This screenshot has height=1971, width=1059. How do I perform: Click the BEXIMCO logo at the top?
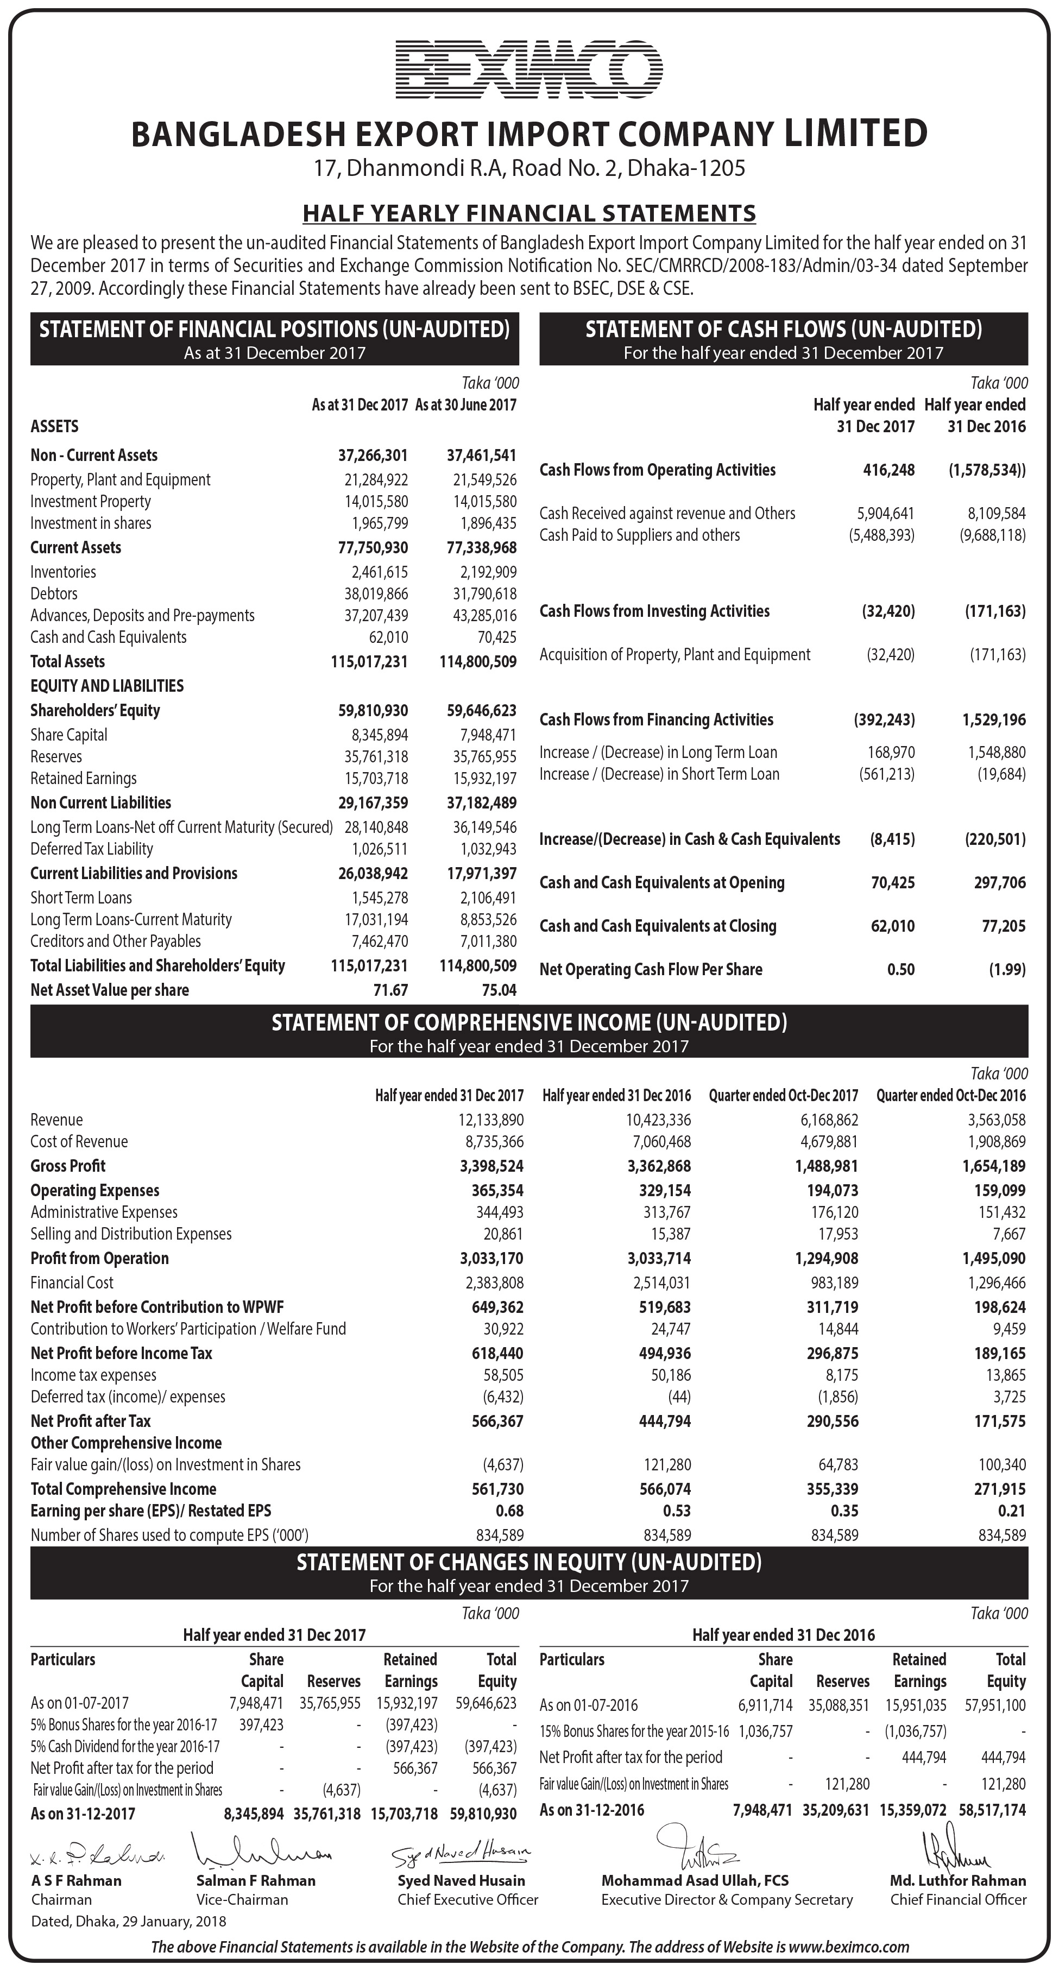[x=529, y=69]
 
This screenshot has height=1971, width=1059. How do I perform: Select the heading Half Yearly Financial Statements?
[x=529, y=213]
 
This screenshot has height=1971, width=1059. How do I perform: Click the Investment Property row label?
[x=90, y=502]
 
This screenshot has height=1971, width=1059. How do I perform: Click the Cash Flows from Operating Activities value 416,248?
[x=888, y=470]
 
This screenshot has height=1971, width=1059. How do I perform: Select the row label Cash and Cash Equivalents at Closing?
[x=658, y=926]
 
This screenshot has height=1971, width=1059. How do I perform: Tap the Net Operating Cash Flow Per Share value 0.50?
[x=900, y=969]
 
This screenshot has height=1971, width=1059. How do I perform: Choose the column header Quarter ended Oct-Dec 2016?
[x=951, y=1096]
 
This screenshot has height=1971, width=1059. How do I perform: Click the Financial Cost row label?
[x=72, y=1283]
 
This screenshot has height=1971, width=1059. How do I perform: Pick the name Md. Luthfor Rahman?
[x=958, y=1881]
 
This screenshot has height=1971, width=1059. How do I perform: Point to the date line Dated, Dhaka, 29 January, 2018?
[x=129, y=1921]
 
